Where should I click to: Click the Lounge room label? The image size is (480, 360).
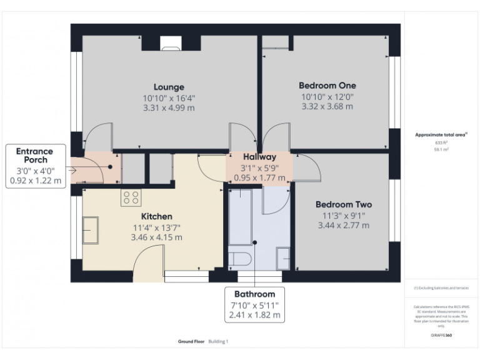pos(169,87)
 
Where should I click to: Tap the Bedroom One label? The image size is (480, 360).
pos(327,85)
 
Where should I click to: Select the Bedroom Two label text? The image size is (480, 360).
pos(343,204)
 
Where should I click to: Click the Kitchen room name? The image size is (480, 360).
pos(156,216)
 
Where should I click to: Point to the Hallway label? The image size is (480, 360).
pos(259,157)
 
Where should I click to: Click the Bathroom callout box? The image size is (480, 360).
pos(254,304)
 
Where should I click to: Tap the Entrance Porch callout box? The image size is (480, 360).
pos(35,166)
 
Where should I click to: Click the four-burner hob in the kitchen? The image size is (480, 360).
pos(131,197)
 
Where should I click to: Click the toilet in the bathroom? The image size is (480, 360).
pos(240,259)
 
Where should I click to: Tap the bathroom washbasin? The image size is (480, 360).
pos(282,256)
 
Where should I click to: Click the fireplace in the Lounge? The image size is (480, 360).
pos(169,42)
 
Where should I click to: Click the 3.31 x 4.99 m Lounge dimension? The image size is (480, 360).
pos(169,107)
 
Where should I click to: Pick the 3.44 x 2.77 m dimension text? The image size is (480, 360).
pos(343,225)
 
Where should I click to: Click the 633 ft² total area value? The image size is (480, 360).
pos(441,142)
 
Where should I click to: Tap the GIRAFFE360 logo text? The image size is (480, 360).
pos(441,336)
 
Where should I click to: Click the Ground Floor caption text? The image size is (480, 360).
pos(191,342)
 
